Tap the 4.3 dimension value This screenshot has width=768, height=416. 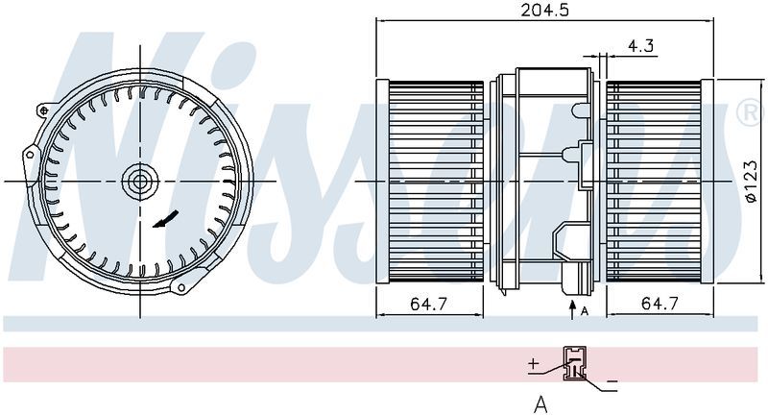640,45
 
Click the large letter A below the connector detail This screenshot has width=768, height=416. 540,404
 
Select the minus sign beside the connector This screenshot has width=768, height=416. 612,382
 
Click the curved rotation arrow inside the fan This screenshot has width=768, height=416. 164,220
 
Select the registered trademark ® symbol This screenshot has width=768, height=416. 744,113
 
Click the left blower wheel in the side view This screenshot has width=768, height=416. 435,181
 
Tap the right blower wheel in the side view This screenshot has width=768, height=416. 661,181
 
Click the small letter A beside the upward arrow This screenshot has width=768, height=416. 586,308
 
